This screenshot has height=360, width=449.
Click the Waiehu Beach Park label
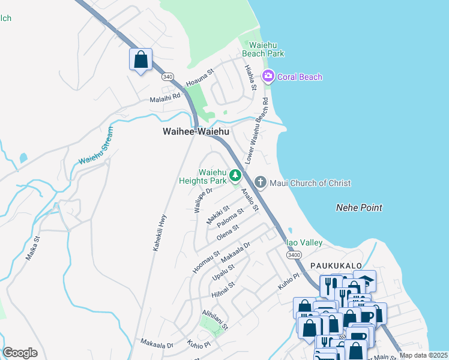(263, 49)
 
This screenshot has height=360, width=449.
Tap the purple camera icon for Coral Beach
(268, 77)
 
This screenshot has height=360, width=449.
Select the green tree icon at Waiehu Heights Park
(236, 176)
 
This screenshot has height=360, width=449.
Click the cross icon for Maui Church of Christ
(260, 182)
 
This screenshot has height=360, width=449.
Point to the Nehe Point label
(358, 208)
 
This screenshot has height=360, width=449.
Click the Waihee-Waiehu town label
(196, 131)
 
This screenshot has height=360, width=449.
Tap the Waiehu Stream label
(95, 147)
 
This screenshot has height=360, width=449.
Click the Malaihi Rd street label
(165, 97)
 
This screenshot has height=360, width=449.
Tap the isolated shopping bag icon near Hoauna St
(141, 60)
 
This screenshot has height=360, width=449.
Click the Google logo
(20, 353)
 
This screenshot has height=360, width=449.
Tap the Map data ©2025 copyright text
(423, 355)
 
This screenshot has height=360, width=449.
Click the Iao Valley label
(304, 242)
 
